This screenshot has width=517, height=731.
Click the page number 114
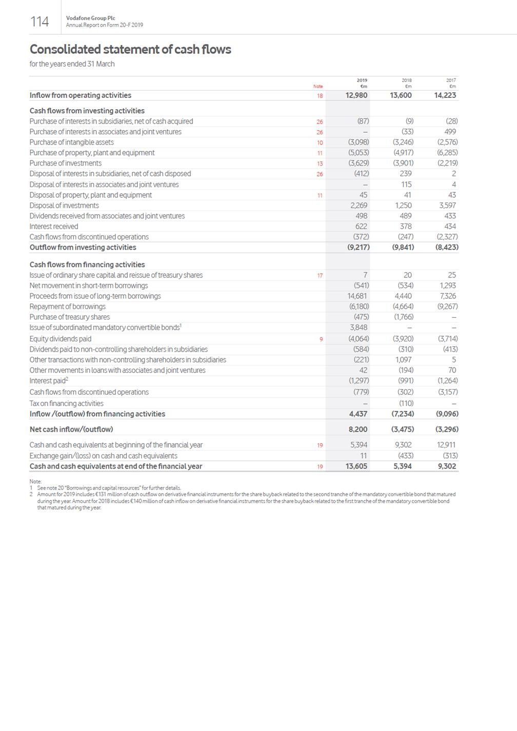click(39, 22)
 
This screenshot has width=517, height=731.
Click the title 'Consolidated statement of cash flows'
click(130, 49)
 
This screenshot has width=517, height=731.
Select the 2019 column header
click(362, 80)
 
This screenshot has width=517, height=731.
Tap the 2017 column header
click(451, 80)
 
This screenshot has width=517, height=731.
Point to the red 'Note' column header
click(318, 86)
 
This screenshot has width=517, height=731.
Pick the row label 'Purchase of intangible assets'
click(72, 143)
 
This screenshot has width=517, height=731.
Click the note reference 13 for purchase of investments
click(320, 164)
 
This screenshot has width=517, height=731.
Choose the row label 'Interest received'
click(54, 227)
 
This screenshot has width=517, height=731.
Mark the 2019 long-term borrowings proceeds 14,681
click(357, 296)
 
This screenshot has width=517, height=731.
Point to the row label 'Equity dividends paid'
click(61, 339)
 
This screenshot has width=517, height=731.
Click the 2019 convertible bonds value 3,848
click(359, 328)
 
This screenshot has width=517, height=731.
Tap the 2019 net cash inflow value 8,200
click(358, 430)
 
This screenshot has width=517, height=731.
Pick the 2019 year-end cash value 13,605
click(355, 466)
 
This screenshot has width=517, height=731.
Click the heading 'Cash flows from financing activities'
click(87, 265)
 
